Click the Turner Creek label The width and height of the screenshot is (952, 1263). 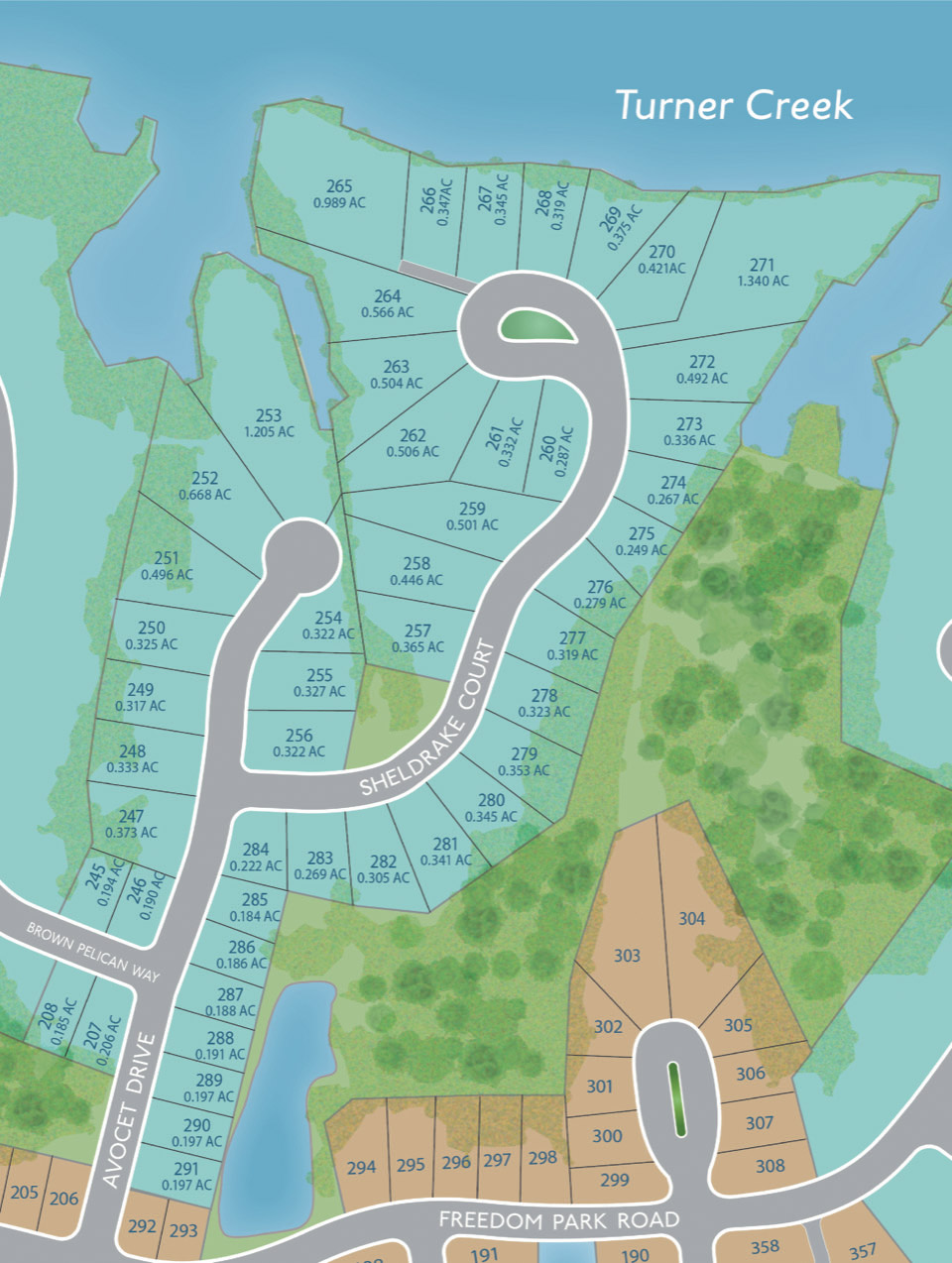pos(733,105)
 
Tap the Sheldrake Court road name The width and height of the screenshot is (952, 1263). pos(427,719)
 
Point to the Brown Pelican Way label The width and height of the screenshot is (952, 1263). pos(92,952)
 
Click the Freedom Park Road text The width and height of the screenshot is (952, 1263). pos(558,1220)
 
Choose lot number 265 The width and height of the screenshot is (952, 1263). pos(339,185)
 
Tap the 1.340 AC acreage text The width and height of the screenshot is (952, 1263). pos(763,281)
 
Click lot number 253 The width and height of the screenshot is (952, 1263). pos(269,415)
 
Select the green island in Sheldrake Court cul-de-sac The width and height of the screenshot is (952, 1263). pos(535,325)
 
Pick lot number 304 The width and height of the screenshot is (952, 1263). pos(692,918)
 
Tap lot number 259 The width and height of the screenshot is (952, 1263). pos(472,509)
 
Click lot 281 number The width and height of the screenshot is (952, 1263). pos(446,844)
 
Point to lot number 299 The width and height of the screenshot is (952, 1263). pos(615,1180)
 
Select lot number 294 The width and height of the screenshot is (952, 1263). pos(361,1167)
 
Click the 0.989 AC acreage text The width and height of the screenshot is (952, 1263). pos(339,202)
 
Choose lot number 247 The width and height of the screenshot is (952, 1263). pos(131,816)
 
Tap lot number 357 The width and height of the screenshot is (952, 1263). pos(862,1250)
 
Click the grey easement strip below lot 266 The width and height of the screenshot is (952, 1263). pos(436,277)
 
